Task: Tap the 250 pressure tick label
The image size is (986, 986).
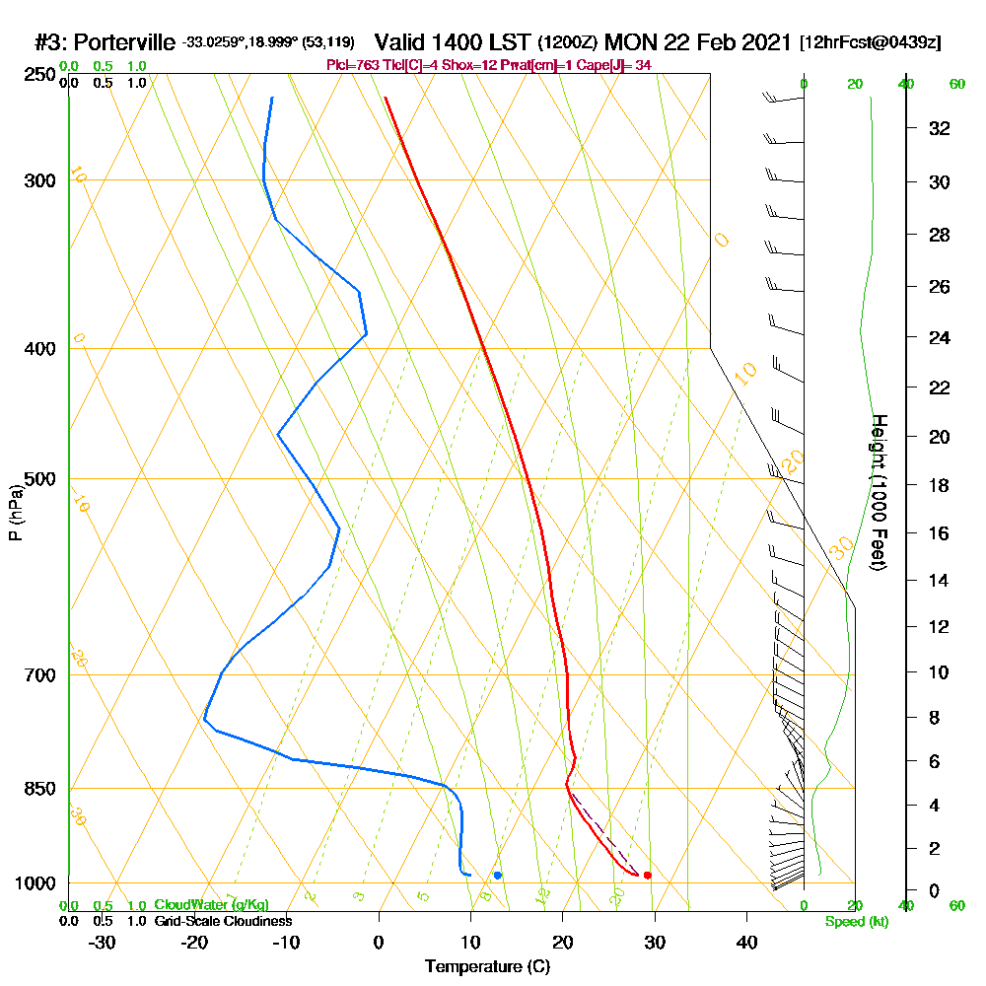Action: (41, 74)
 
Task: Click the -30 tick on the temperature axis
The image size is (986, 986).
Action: (103, 942)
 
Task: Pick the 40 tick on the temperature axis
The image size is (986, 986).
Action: (747, 942)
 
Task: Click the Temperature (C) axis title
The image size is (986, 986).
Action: (487, 966)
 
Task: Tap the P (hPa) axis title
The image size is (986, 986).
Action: (15, 512)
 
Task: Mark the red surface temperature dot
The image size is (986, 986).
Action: (647, 875)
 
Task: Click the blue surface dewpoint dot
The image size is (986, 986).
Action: (498, 875)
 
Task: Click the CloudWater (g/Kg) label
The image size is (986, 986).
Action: (211, 905)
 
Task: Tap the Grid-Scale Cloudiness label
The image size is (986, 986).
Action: (222, 921)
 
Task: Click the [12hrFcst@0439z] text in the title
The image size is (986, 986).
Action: (871, 42)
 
